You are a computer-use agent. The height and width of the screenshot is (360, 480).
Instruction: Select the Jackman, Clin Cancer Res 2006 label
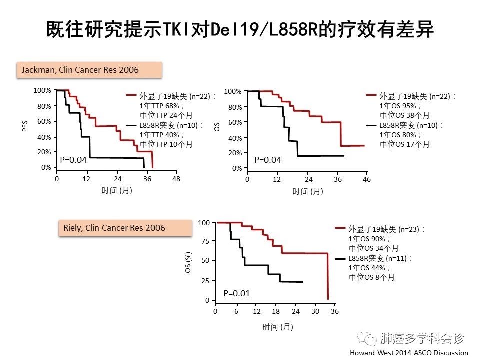89,70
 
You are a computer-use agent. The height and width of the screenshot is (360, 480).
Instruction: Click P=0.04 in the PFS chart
73,160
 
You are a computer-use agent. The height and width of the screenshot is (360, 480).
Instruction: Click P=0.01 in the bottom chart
236,293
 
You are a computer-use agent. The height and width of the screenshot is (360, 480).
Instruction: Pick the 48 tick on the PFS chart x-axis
176,179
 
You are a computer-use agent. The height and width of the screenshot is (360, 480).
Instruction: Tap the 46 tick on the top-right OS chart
367,179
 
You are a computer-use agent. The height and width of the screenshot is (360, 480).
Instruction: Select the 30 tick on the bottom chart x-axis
315,311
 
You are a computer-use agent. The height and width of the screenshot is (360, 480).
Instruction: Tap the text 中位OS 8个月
371,277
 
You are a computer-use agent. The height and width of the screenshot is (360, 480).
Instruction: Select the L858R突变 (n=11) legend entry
380,258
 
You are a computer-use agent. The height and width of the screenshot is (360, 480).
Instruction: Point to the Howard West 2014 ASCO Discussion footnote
408,353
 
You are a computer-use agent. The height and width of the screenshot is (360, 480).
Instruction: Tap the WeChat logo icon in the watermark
370,339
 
